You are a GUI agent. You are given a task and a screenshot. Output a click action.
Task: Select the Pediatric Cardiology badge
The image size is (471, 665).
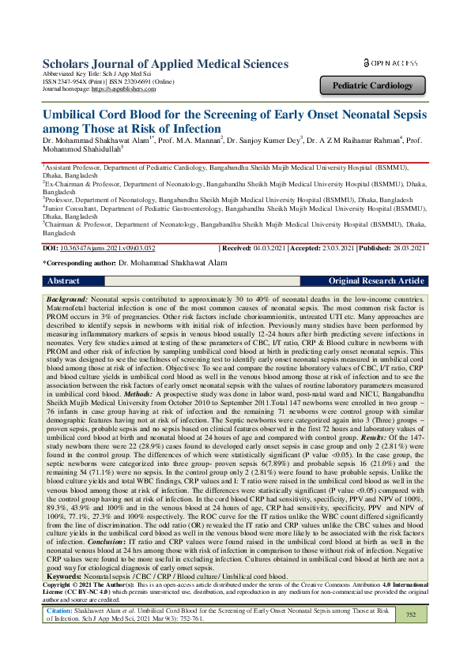click(x=373, y=85)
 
